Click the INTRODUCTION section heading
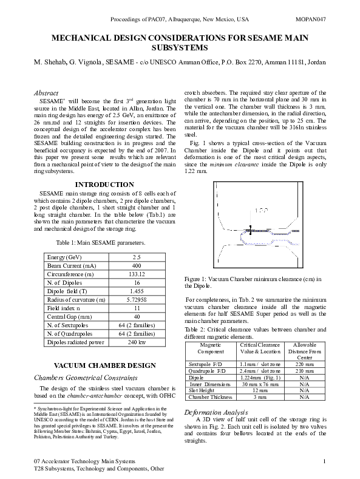coord(104,185)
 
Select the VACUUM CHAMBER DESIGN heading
coord(104,365)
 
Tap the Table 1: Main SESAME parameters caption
coord(104,243)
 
